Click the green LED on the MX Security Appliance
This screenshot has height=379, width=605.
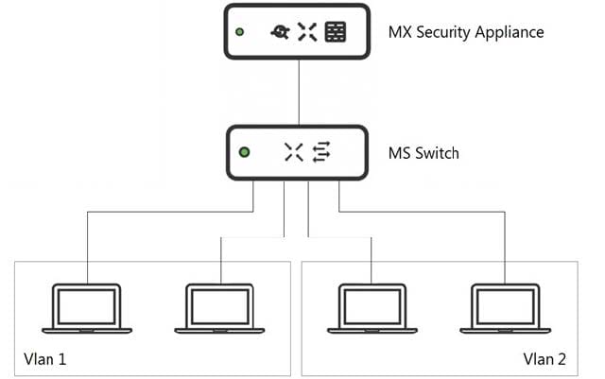click(240, 33)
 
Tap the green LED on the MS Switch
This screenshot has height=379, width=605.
click(245, 151)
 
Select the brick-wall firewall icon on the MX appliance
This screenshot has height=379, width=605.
click(335, 33)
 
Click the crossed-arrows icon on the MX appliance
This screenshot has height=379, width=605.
click(306, 33)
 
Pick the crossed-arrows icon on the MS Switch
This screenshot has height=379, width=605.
click(294, 152)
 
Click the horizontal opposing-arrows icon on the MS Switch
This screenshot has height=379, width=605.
click(322, 152)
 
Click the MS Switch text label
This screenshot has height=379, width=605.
click(423, 152)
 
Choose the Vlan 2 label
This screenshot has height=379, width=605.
click(544, 359)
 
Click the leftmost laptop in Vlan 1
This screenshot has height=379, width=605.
click(88, 308)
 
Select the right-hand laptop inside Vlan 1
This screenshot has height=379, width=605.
click(219, 308)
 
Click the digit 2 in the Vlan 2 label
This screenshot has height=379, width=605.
click(562, 359)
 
